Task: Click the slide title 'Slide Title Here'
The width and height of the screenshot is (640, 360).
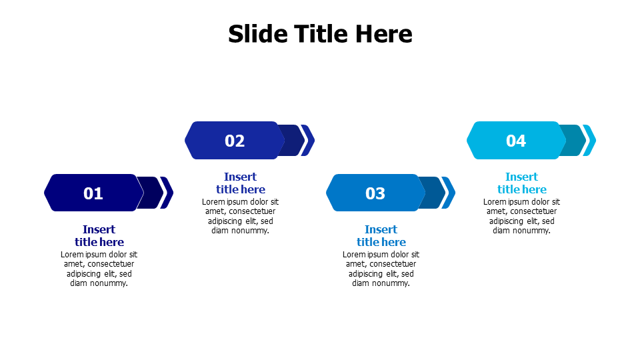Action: (x=320, y=34)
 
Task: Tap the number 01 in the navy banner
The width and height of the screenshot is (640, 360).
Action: (x=93, y=193)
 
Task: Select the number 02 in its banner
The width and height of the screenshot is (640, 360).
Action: (x=235, y=141)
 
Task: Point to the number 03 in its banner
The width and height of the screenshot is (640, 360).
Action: (x=375, y=193)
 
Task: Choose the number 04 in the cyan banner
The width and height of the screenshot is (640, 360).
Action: (x=516, y=141)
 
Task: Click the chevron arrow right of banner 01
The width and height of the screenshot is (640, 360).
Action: (x=167, y=193)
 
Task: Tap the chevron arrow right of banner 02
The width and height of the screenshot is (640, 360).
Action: (x=308, y=140)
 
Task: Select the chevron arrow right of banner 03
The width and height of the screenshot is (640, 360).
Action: (x=449, y=193)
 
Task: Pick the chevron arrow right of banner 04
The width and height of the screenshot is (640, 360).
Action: (x=590, y=140)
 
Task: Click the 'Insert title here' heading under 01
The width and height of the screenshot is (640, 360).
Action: (x=99, y=235)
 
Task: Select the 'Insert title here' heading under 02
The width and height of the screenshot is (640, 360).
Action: (x=240, y=183)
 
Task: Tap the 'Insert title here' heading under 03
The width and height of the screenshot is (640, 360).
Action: (x=381, y=235)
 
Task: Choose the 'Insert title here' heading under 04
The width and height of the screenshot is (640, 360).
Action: (x=522, y=183)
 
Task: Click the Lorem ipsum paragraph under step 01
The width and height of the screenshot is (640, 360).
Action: (x=99, y=269)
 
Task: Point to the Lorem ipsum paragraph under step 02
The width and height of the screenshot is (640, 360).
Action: (x=240, y=216)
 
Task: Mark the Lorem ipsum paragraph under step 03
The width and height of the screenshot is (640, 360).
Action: (x=381, y=269)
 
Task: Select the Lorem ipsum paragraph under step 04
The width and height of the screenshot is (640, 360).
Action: (x=522, y=216)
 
